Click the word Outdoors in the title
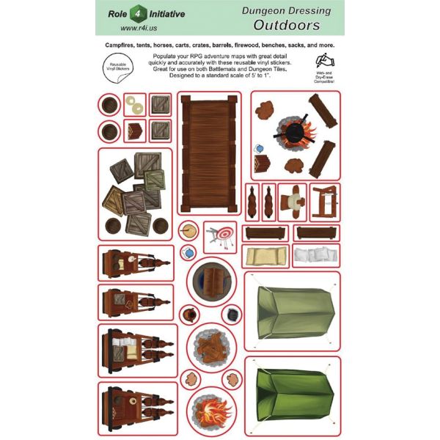click(287, 25)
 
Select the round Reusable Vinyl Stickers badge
click(114, 67)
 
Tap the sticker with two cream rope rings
click(134, 104)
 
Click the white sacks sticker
click(316, 255)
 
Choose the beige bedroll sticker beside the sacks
click(266, 256)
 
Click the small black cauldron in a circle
click(231, 315)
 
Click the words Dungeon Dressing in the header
click(287, 10)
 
